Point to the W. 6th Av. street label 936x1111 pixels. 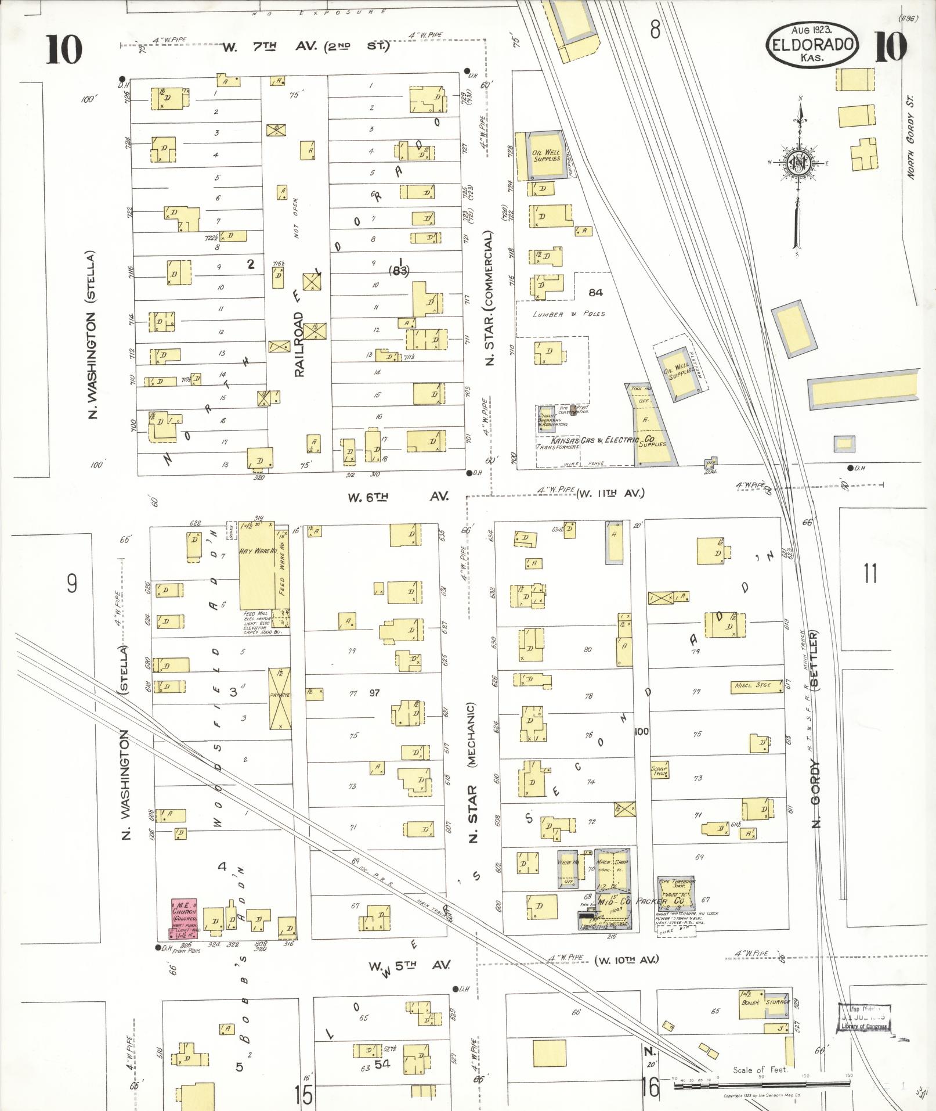397,497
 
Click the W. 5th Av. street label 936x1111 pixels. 409,965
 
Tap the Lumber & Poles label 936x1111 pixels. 569,314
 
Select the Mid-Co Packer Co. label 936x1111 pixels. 641,901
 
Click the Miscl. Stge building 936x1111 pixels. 753,685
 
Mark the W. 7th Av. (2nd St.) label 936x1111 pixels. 305,46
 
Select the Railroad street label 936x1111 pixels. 299,344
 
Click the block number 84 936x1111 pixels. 595,292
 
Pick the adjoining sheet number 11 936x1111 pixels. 870,573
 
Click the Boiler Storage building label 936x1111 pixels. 764,1002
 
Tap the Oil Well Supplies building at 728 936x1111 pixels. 546,156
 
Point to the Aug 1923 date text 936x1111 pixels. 812,29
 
